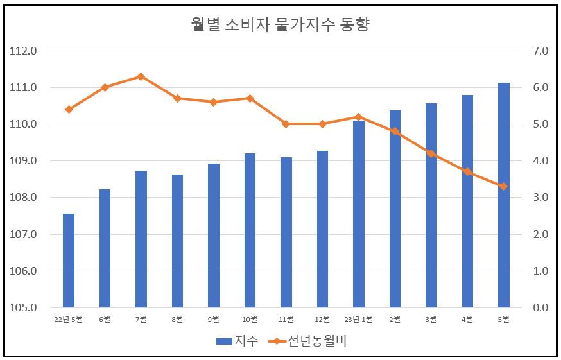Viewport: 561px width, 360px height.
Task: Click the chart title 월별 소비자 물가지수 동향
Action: pos(280,24)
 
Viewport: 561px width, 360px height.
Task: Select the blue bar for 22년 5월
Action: pos(69,261)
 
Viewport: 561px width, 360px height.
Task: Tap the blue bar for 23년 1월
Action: pos(359,214)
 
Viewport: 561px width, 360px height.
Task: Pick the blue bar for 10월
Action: pos(250,230)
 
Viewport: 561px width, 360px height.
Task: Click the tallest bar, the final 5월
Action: pos(504,195)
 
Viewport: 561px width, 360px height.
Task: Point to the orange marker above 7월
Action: pos(141,76)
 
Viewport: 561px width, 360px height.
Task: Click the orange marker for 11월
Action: pos(286,124)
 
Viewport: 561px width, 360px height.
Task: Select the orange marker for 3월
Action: pos(431,153)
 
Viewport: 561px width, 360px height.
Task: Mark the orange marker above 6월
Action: pos(105,87)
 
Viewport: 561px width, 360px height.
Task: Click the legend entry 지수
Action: pos(237,341)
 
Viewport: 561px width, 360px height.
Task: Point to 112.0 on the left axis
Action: pos(24,51)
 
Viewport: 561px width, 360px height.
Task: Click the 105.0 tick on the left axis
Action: pos(24,307)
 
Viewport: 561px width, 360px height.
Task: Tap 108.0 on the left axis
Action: pos(24,198)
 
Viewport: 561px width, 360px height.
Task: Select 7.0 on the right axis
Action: pos(536,51)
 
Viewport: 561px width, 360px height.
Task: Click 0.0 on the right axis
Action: pos(536,307)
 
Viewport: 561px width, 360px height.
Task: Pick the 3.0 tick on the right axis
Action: pos(536,198)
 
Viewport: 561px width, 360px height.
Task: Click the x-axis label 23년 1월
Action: pos(359,319)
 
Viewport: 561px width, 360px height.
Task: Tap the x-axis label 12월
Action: pos(322,319)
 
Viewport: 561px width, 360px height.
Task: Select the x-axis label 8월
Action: pos(177,319)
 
